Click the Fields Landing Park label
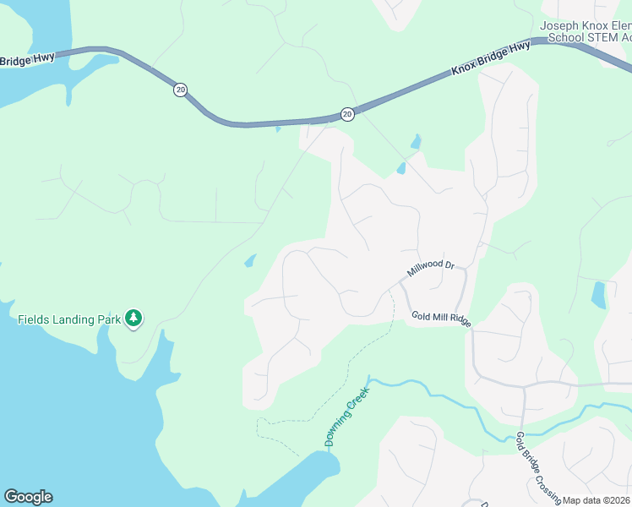coord(69,319)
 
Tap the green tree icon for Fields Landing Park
coord(133,318)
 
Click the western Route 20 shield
coord(179,90)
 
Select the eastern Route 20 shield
coord(347,113)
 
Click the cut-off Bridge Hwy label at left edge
coord(27,59)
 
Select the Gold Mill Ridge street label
coord(440,318)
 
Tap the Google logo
coord(28,497)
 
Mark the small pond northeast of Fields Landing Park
coord(249,260)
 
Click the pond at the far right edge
coord(599,295)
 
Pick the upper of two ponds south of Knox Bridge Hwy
coord(415,142)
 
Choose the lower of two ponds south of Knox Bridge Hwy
coord(401,168)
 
